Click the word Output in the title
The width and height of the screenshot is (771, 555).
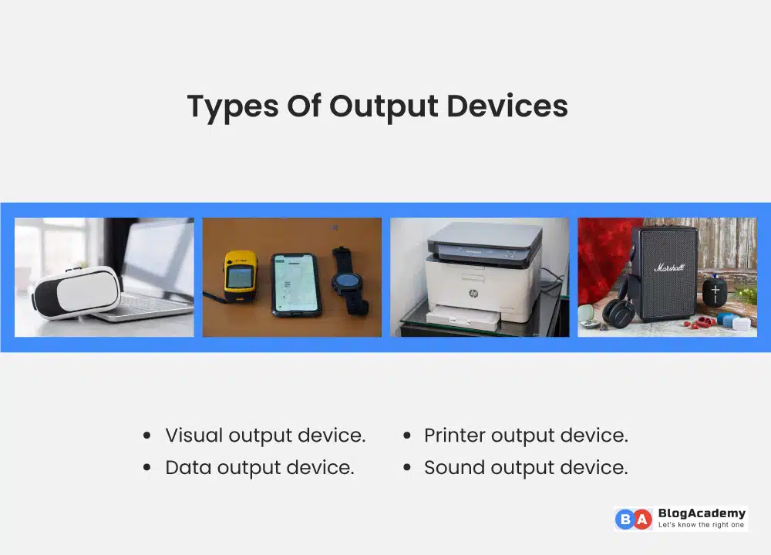(383, 106)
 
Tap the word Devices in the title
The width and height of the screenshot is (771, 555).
(507, 106)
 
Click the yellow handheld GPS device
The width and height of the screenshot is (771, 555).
(240, 276)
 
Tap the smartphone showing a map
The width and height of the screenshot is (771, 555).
(295, 284)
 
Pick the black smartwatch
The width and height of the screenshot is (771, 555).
(348, 281)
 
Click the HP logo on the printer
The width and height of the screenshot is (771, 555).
(473, 294)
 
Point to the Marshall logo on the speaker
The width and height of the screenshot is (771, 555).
(668, 267)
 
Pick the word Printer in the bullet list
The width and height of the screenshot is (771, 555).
(454, 435)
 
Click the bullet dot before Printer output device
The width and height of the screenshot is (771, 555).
(406, 436)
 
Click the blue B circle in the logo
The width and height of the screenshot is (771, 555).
(625, 519)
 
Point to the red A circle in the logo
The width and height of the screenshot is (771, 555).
(642, 519)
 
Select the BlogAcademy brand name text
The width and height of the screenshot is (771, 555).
(702, 513)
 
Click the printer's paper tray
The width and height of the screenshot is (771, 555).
(464, 316)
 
